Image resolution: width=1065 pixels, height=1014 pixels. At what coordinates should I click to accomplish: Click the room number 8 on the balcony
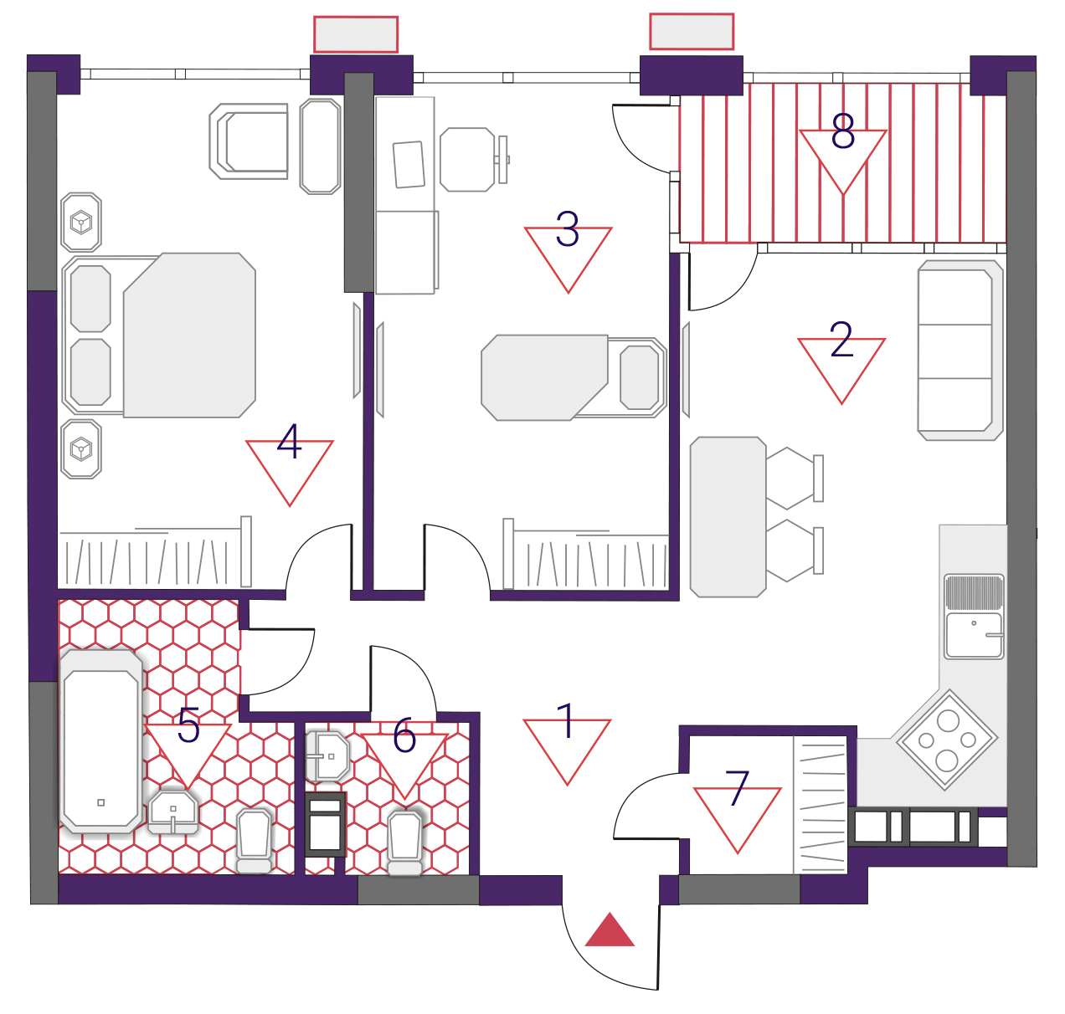(x=842, y=131)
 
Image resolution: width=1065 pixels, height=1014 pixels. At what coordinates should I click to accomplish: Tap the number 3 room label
(x=567, y=229)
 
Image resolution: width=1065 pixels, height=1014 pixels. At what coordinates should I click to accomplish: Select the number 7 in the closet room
(x=737, y=788)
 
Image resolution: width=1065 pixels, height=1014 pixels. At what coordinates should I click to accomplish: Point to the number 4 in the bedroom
(x=289, y=441)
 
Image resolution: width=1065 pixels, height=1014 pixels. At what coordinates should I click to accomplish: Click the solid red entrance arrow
(x=610, y=930)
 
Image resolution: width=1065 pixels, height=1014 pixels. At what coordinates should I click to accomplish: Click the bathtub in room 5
(x=100, y=741)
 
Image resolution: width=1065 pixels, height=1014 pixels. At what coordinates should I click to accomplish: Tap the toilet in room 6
(x=404, y=843)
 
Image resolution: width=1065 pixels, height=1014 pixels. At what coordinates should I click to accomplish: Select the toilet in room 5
(x=254, y=841)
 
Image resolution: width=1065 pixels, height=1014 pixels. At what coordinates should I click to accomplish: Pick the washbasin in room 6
(x=327, y=756)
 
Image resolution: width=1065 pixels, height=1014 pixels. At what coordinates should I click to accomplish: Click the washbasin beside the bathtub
(x=172, y=812)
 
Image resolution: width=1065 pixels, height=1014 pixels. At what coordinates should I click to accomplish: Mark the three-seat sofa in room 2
(x=960, y=351)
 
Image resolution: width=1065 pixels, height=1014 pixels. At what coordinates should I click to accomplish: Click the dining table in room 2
(x=728, y=518)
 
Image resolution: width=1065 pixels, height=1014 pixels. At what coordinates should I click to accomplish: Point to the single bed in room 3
(x=574, y=377)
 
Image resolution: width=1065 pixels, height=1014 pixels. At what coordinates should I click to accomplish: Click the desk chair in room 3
(x=474, y=160)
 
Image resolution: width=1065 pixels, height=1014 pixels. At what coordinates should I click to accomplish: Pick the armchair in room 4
(x=249, y=141)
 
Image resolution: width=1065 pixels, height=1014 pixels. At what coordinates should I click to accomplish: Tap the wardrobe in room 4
(x=155, y=552)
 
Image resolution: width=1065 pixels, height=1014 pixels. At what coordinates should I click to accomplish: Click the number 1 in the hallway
(x=567, y=721)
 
